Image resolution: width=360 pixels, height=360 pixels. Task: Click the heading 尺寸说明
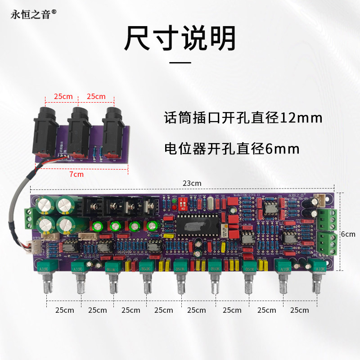point(180,38)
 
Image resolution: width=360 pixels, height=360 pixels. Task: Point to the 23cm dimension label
point(192,183)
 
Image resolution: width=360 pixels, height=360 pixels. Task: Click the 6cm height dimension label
point(347,234)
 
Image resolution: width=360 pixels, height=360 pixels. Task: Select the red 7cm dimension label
point(76,174)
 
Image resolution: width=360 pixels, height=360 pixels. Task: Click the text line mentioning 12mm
point(243,118)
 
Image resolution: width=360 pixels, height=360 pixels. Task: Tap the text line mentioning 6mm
point(232,148)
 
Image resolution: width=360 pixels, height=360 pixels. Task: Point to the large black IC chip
point(198,224)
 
